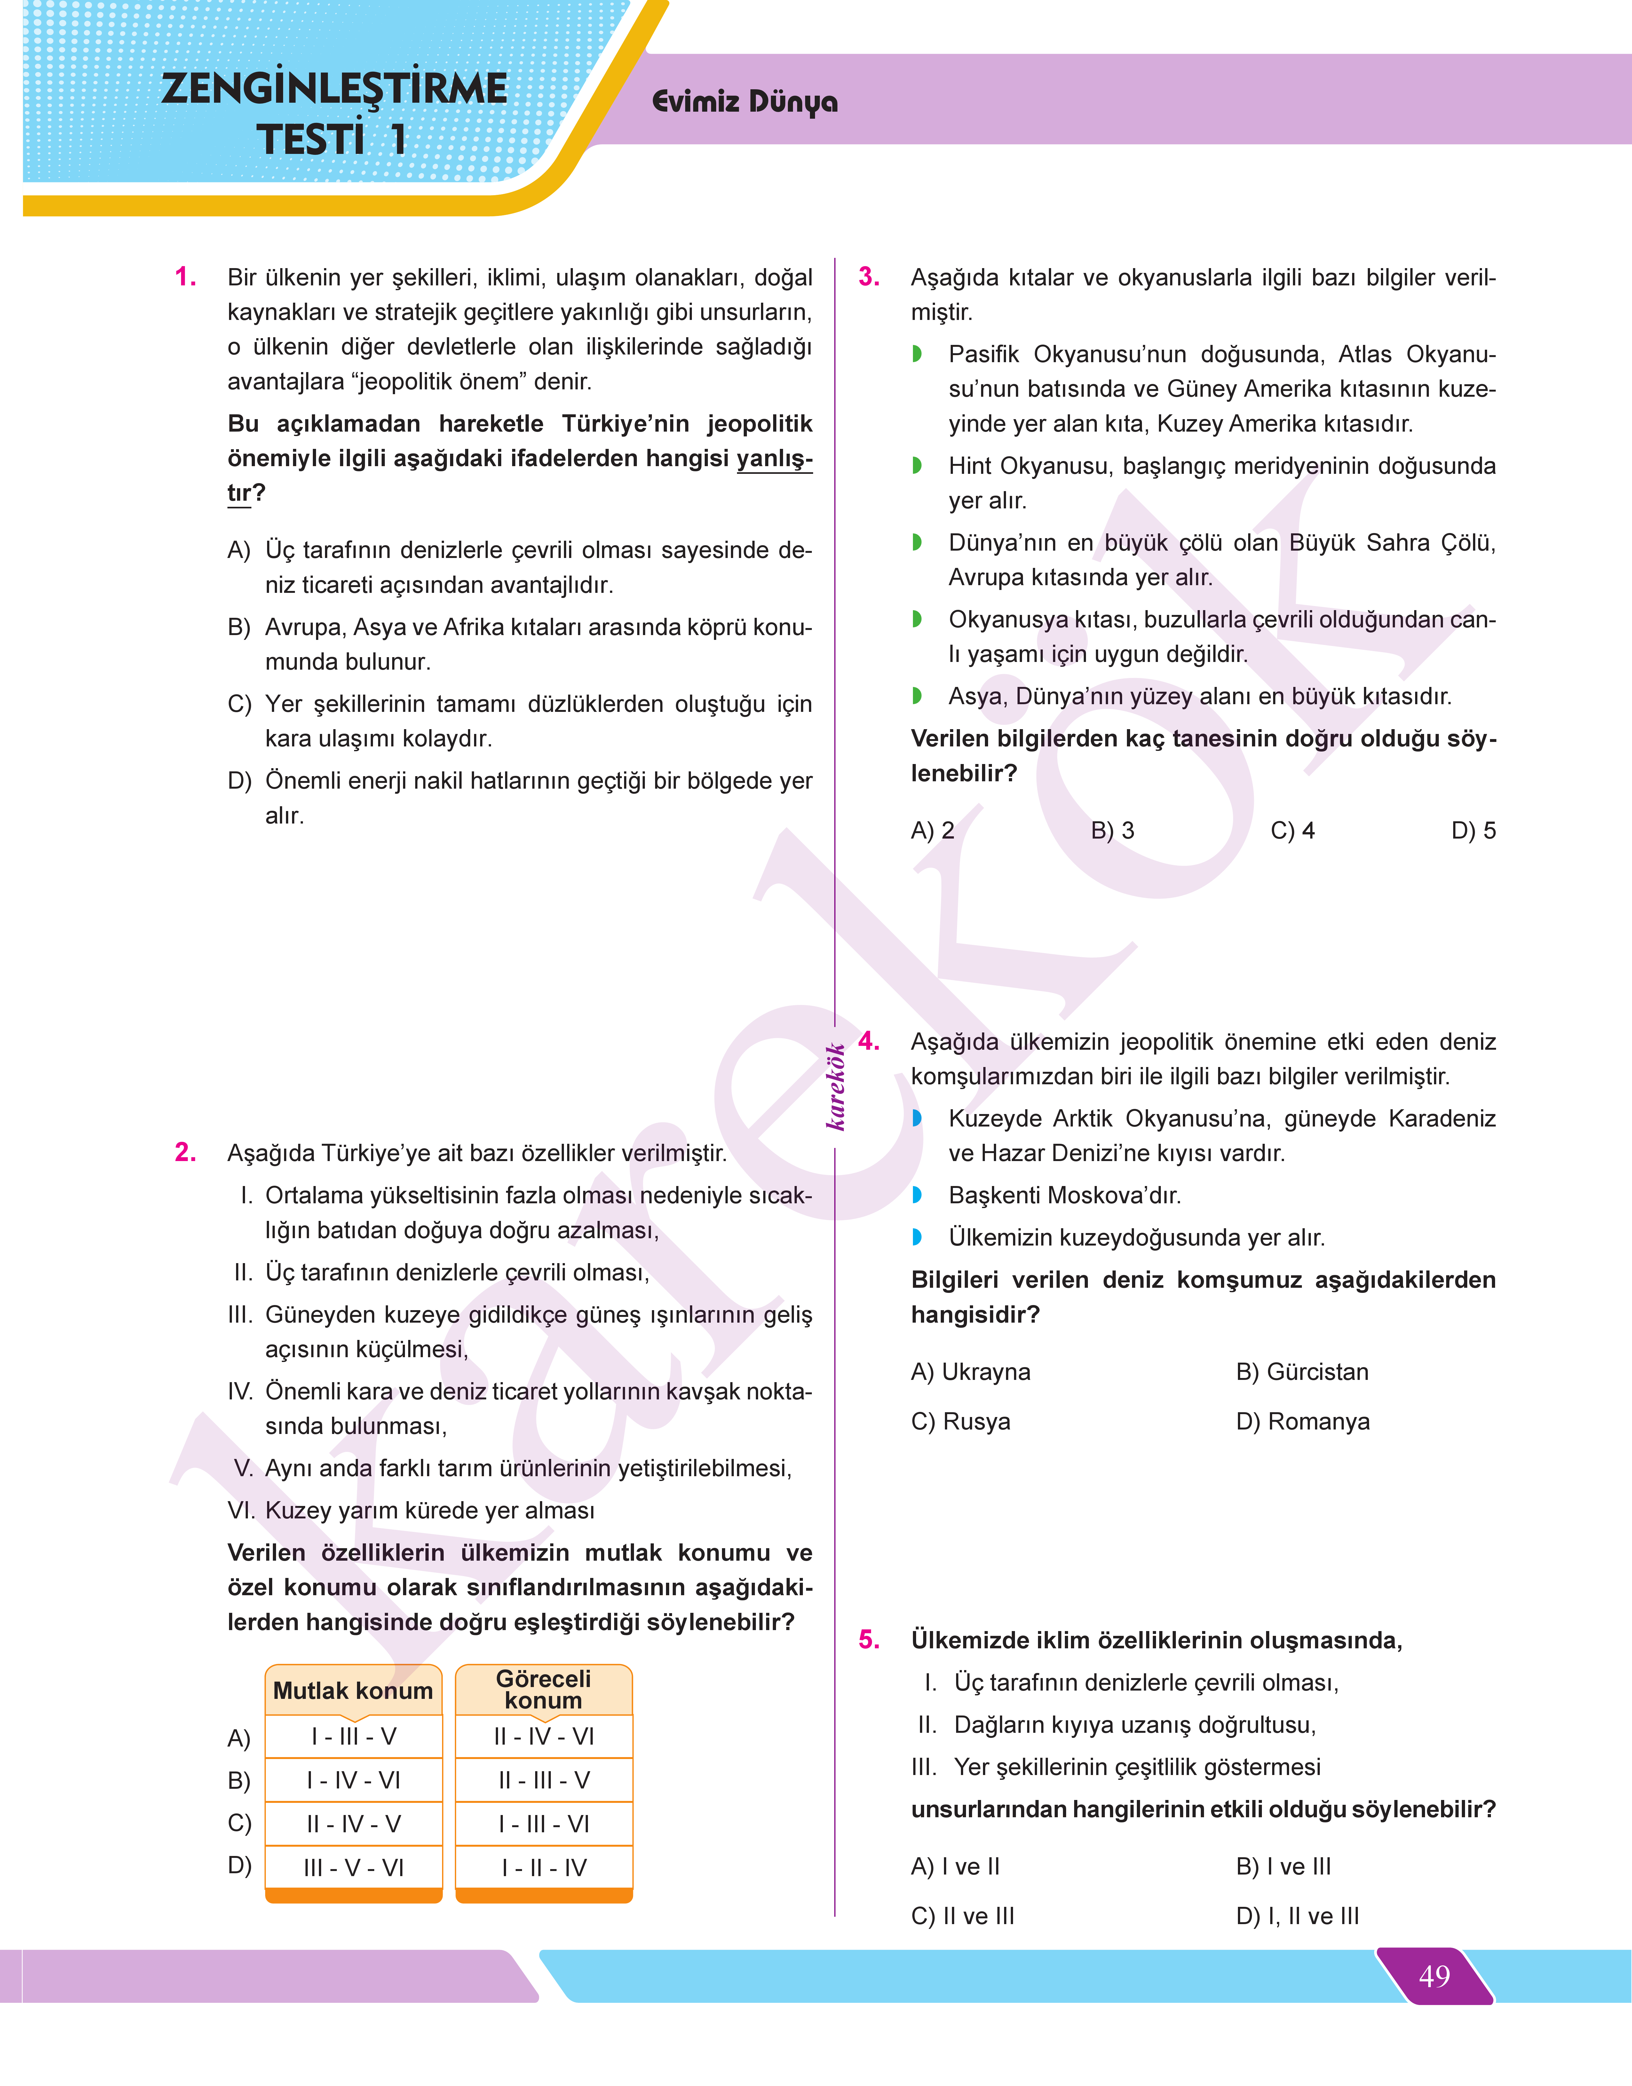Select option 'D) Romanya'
pos(1302,1421)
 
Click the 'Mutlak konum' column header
pos(353,1690)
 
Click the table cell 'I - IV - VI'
pos(353,1780)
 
